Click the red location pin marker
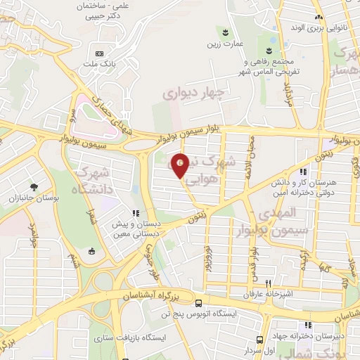(181, 165)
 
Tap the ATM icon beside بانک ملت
(98, 53)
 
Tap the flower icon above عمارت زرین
(224, 32)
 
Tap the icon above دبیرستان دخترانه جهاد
(307, 325)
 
